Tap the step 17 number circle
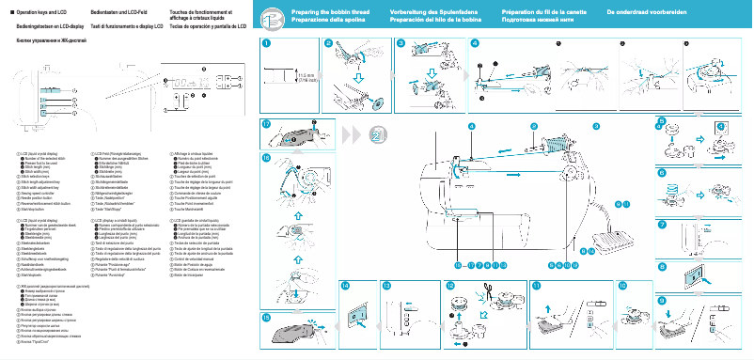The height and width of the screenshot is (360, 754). click(267, 124)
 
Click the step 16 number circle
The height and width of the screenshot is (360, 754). click(267, 158)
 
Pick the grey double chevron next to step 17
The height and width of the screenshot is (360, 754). click(350, 134)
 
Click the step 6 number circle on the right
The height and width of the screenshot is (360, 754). click(661, 173)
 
